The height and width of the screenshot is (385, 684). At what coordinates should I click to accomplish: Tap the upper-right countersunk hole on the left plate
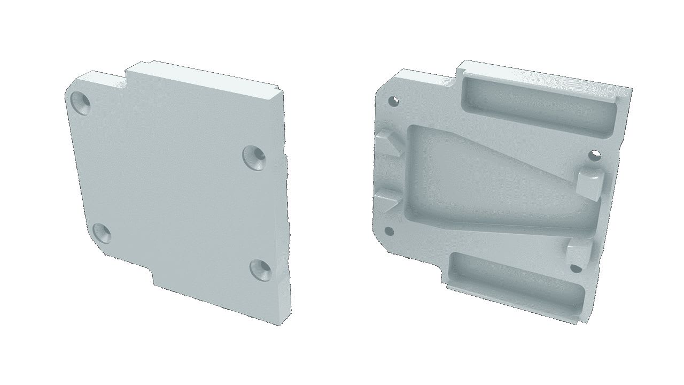click(x=254, y=156)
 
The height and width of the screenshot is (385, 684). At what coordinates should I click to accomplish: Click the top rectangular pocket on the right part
click(x=540, y=105)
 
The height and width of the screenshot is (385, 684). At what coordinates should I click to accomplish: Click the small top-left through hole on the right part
click(x=394, y=100)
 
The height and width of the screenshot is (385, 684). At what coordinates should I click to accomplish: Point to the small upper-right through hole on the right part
click(x=595, y=155)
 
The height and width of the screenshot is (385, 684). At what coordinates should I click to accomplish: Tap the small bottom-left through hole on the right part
click(x=389, y=231)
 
